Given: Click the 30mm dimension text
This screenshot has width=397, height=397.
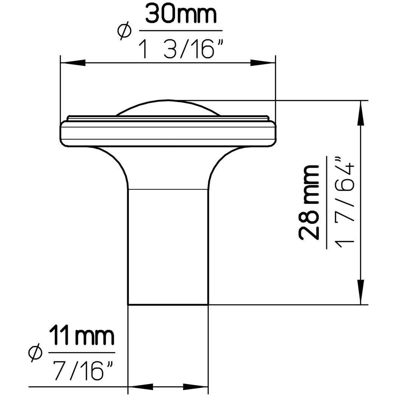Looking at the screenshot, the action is [x=181, y=15].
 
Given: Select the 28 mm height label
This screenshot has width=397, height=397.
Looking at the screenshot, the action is [x=309, y=203].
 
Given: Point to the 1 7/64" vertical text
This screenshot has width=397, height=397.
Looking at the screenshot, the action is [x=344, y=200].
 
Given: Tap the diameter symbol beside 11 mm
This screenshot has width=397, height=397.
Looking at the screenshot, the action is [x=35, y=353].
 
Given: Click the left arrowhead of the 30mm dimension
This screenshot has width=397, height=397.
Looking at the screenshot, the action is [x=73, y=62].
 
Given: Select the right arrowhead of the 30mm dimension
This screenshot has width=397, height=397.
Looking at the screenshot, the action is [x=263, y=62].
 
